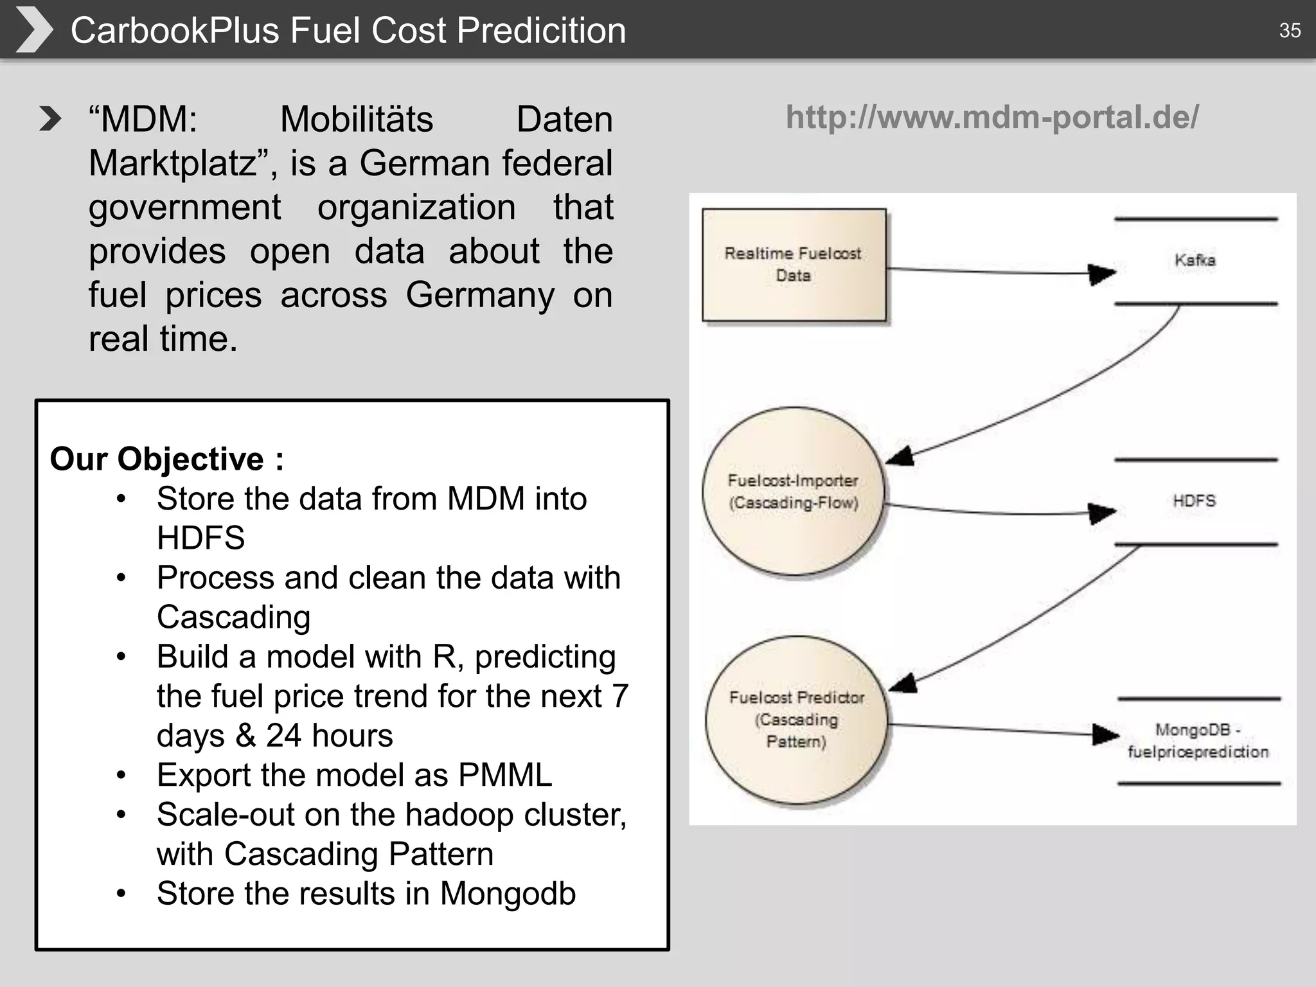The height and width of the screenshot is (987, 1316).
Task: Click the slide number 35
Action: [1290, 30]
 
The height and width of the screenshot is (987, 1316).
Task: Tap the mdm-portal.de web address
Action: [992, 117]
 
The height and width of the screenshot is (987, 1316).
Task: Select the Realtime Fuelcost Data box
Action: [794, 265]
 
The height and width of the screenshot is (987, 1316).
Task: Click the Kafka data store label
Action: [1195, 260]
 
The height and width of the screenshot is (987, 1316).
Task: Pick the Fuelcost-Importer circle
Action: [794, 491]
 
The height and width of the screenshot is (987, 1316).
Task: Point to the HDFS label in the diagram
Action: [1195, 501]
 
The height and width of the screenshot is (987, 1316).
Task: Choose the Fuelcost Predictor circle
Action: [797, 720]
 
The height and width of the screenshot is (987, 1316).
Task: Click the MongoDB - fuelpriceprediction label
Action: [1198, 741]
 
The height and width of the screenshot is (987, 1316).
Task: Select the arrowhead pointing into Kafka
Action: [1101, 274]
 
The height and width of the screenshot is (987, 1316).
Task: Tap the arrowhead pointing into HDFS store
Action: [1101, 513]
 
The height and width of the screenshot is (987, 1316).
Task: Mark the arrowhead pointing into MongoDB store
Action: [1105, 734]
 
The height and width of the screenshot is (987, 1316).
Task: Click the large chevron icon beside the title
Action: [33, 30]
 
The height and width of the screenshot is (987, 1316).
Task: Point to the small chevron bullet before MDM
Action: [49, 119]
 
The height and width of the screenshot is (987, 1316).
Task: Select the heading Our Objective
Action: [166, 459]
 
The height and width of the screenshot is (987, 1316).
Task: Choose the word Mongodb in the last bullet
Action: [508, 893]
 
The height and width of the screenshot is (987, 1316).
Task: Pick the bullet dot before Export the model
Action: [121, 776]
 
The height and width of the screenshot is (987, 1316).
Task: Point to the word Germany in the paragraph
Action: [480, 295]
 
